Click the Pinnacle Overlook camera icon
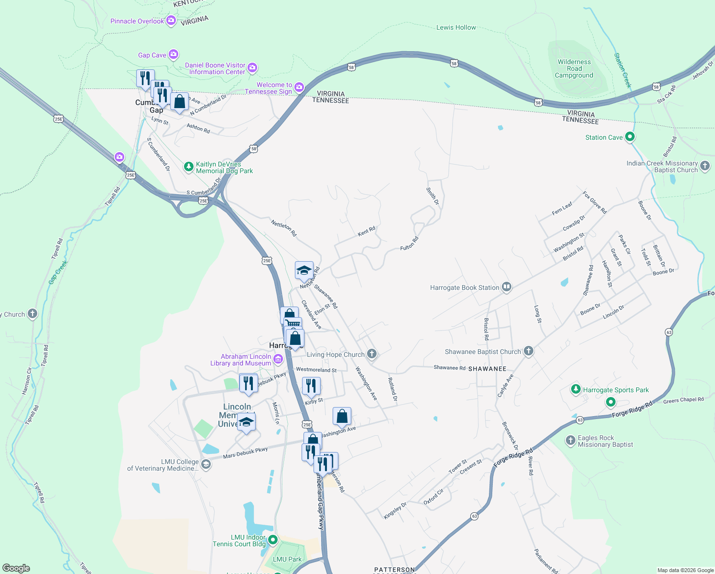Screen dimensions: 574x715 click(x=171, y=21)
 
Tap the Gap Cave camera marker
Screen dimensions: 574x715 click(x=173, y=55)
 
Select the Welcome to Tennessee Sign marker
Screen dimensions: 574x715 click(x=299, y=87)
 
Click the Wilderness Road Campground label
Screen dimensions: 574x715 click(x=574, y=68)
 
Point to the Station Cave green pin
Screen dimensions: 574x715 click(x=630, y=137)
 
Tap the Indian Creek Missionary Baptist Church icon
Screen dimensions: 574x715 click(x=705, y=166)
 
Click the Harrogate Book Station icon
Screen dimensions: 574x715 click(x=507, y=287)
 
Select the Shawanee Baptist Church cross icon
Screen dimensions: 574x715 click(x=528, y=351)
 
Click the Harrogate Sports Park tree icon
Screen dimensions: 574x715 click(x=576, y=389)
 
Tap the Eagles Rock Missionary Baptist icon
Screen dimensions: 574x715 click(x=570, y=441)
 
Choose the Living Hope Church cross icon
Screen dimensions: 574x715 click(x=372, y=354)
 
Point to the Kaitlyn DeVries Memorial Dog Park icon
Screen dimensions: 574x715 click(x=189, y=167)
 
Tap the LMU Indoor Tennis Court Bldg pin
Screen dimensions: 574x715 click(x=273, y=540)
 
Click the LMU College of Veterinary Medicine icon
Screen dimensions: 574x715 click(x=206, y=464)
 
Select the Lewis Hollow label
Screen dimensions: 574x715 click(x=456, y=27)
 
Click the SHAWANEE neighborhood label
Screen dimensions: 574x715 click(x=487, y=369)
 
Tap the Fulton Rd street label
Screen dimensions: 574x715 click(x=409, y=243)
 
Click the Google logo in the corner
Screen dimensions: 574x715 click(x=16, y=568)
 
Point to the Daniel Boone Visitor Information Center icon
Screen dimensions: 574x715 click(x=252, y=68)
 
